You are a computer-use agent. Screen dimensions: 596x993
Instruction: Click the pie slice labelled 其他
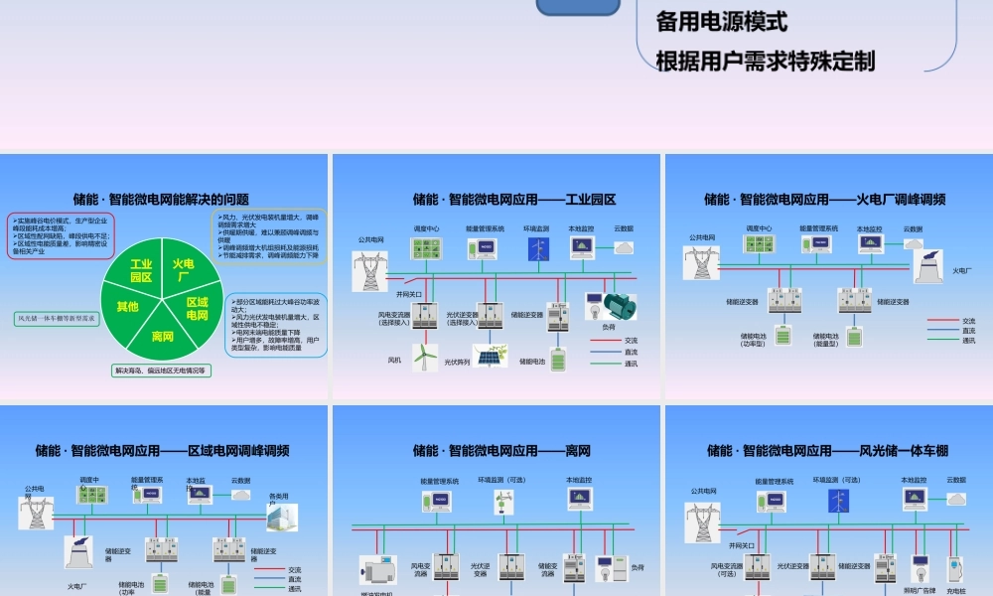(x=128, y=306)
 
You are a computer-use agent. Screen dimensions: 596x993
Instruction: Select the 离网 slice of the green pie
(x=163, y=336)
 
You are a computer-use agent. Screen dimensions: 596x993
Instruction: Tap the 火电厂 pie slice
(x=182, y=270)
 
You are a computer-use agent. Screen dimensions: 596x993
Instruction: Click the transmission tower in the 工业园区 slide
(x=371, y=270)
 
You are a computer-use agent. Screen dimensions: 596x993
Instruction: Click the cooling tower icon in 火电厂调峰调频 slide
(x=929, y=266)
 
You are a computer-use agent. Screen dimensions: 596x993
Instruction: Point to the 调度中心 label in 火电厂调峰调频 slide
(x=760, y=228)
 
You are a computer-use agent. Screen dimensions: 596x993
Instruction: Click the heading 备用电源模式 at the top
(x=722, y=20)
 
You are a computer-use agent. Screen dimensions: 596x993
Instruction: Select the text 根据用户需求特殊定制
(x=766, y=62)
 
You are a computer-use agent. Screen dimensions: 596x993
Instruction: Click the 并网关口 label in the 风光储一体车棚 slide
(x=743, y=545)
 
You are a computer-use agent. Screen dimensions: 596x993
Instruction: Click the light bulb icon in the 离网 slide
(x=607, y=567)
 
